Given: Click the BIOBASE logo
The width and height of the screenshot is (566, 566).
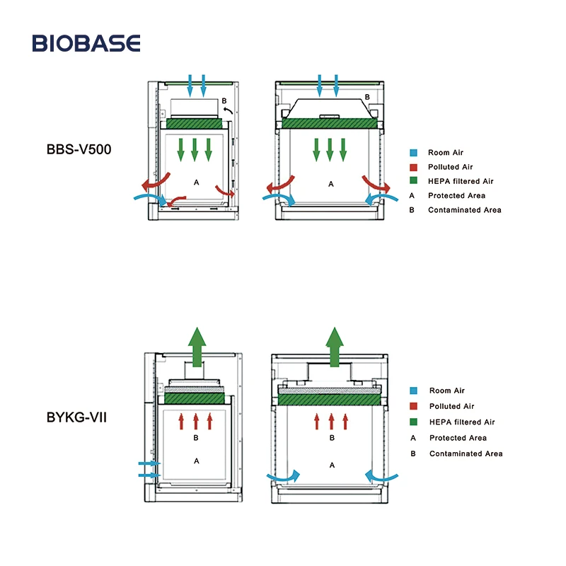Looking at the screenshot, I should click(86, 43).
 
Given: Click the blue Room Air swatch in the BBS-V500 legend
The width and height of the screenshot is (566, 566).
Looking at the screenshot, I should click(412, 153).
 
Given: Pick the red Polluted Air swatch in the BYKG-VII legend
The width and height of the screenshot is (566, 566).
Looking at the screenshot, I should click(412, 407).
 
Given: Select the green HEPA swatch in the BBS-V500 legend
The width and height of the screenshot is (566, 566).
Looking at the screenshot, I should click(412, 181).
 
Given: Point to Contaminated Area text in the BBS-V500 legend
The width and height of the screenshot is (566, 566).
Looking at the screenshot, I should click(464, 210).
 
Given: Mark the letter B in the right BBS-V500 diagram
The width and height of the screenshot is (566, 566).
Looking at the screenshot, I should click(366, 98).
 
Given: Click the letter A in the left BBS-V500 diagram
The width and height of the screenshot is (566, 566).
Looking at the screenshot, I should click(197, 183).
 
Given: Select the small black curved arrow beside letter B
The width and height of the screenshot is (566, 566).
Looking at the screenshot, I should click(229, 110).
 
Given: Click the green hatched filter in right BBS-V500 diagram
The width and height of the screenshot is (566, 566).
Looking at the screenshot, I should click(330, 123).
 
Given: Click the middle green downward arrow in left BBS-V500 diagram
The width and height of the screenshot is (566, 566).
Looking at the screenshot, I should click(195, 147).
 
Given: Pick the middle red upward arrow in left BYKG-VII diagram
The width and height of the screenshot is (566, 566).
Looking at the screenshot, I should click(195, 421).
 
